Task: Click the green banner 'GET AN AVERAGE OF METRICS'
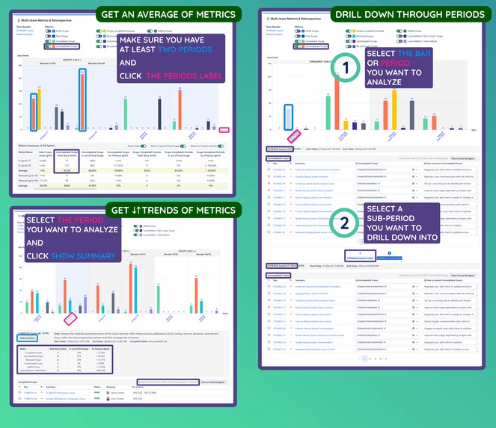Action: pyautogui.click(x=164, y=13)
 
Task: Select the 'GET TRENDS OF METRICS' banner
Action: pyautogui.click(x=171, y=210)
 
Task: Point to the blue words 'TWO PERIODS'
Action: pyautogui.click(x=188, y=48)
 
